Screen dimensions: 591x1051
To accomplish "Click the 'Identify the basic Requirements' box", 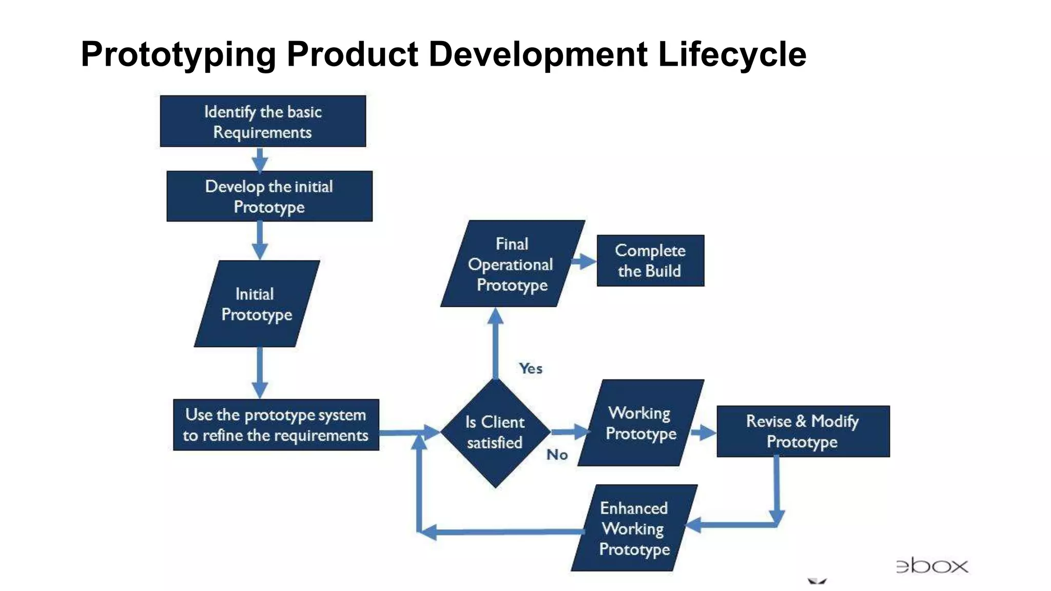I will (x=263, y=122).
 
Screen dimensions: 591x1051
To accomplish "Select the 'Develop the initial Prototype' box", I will (x=269, y=196).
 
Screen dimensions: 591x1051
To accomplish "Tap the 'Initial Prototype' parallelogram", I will (x=257, y=304).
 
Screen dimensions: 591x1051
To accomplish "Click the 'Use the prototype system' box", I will (x=276, y=425).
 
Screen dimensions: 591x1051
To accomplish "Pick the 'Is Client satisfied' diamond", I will (x=495, y=432).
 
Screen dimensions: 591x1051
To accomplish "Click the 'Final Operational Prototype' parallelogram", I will (x=512, y=264).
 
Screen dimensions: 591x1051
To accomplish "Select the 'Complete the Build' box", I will (x=650, y=261).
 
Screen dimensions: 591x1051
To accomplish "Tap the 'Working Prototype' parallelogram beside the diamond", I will (x=640, y=423).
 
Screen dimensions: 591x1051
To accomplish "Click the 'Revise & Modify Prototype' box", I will (x=803, y=431).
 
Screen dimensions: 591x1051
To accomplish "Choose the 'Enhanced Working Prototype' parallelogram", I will (x=634, y=528).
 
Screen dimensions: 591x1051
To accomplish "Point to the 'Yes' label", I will (x=530, y=368).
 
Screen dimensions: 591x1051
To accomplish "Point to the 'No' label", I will (x=557, y=455).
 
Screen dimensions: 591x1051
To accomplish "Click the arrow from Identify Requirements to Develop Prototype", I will (x=260, y=160).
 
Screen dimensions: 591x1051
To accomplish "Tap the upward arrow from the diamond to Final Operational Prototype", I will (x=495, y=344).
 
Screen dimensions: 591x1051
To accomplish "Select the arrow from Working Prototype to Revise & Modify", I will (x=703, y=432).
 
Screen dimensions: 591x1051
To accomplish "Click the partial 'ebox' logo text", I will (x=932, y=566).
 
